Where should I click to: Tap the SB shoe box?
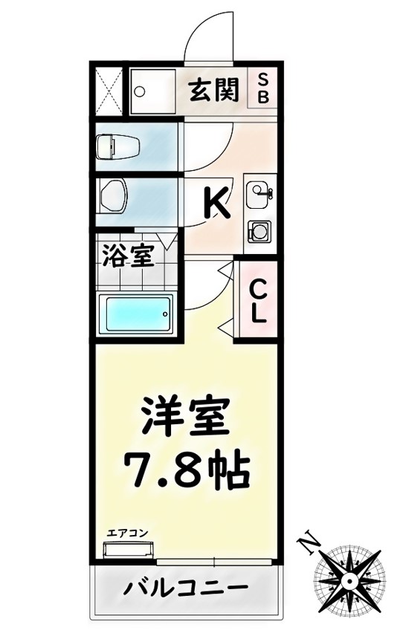(264, 88)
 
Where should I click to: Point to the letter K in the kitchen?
(216, 201)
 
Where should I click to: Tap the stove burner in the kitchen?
(259, 230)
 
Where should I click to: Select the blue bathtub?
(135, 315)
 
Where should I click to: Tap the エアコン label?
(128, 533)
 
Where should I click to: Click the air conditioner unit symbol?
(128, 551)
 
